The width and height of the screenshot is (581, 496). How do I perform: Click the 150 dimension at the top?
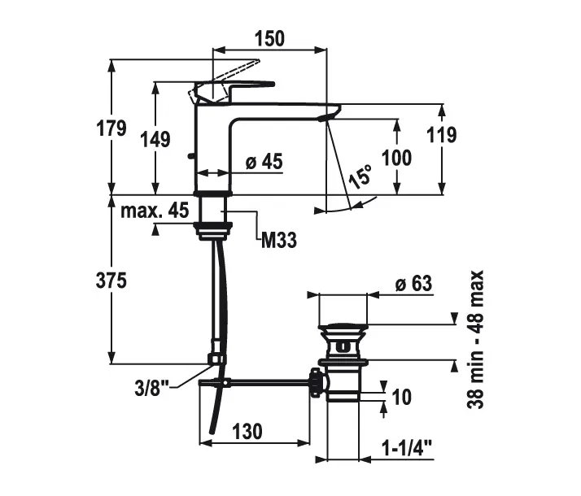click(269, 37)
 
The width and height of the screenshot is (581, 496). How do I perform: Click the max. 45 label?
click(155, 211)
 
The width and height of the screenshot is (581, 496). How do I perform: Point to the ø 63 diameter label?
click(412, 285)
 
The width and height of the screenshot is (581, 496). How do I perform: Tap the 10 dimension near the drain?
click(401, 397)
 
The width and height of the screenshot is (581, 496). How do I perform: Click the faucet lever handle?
click(228, 80)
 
